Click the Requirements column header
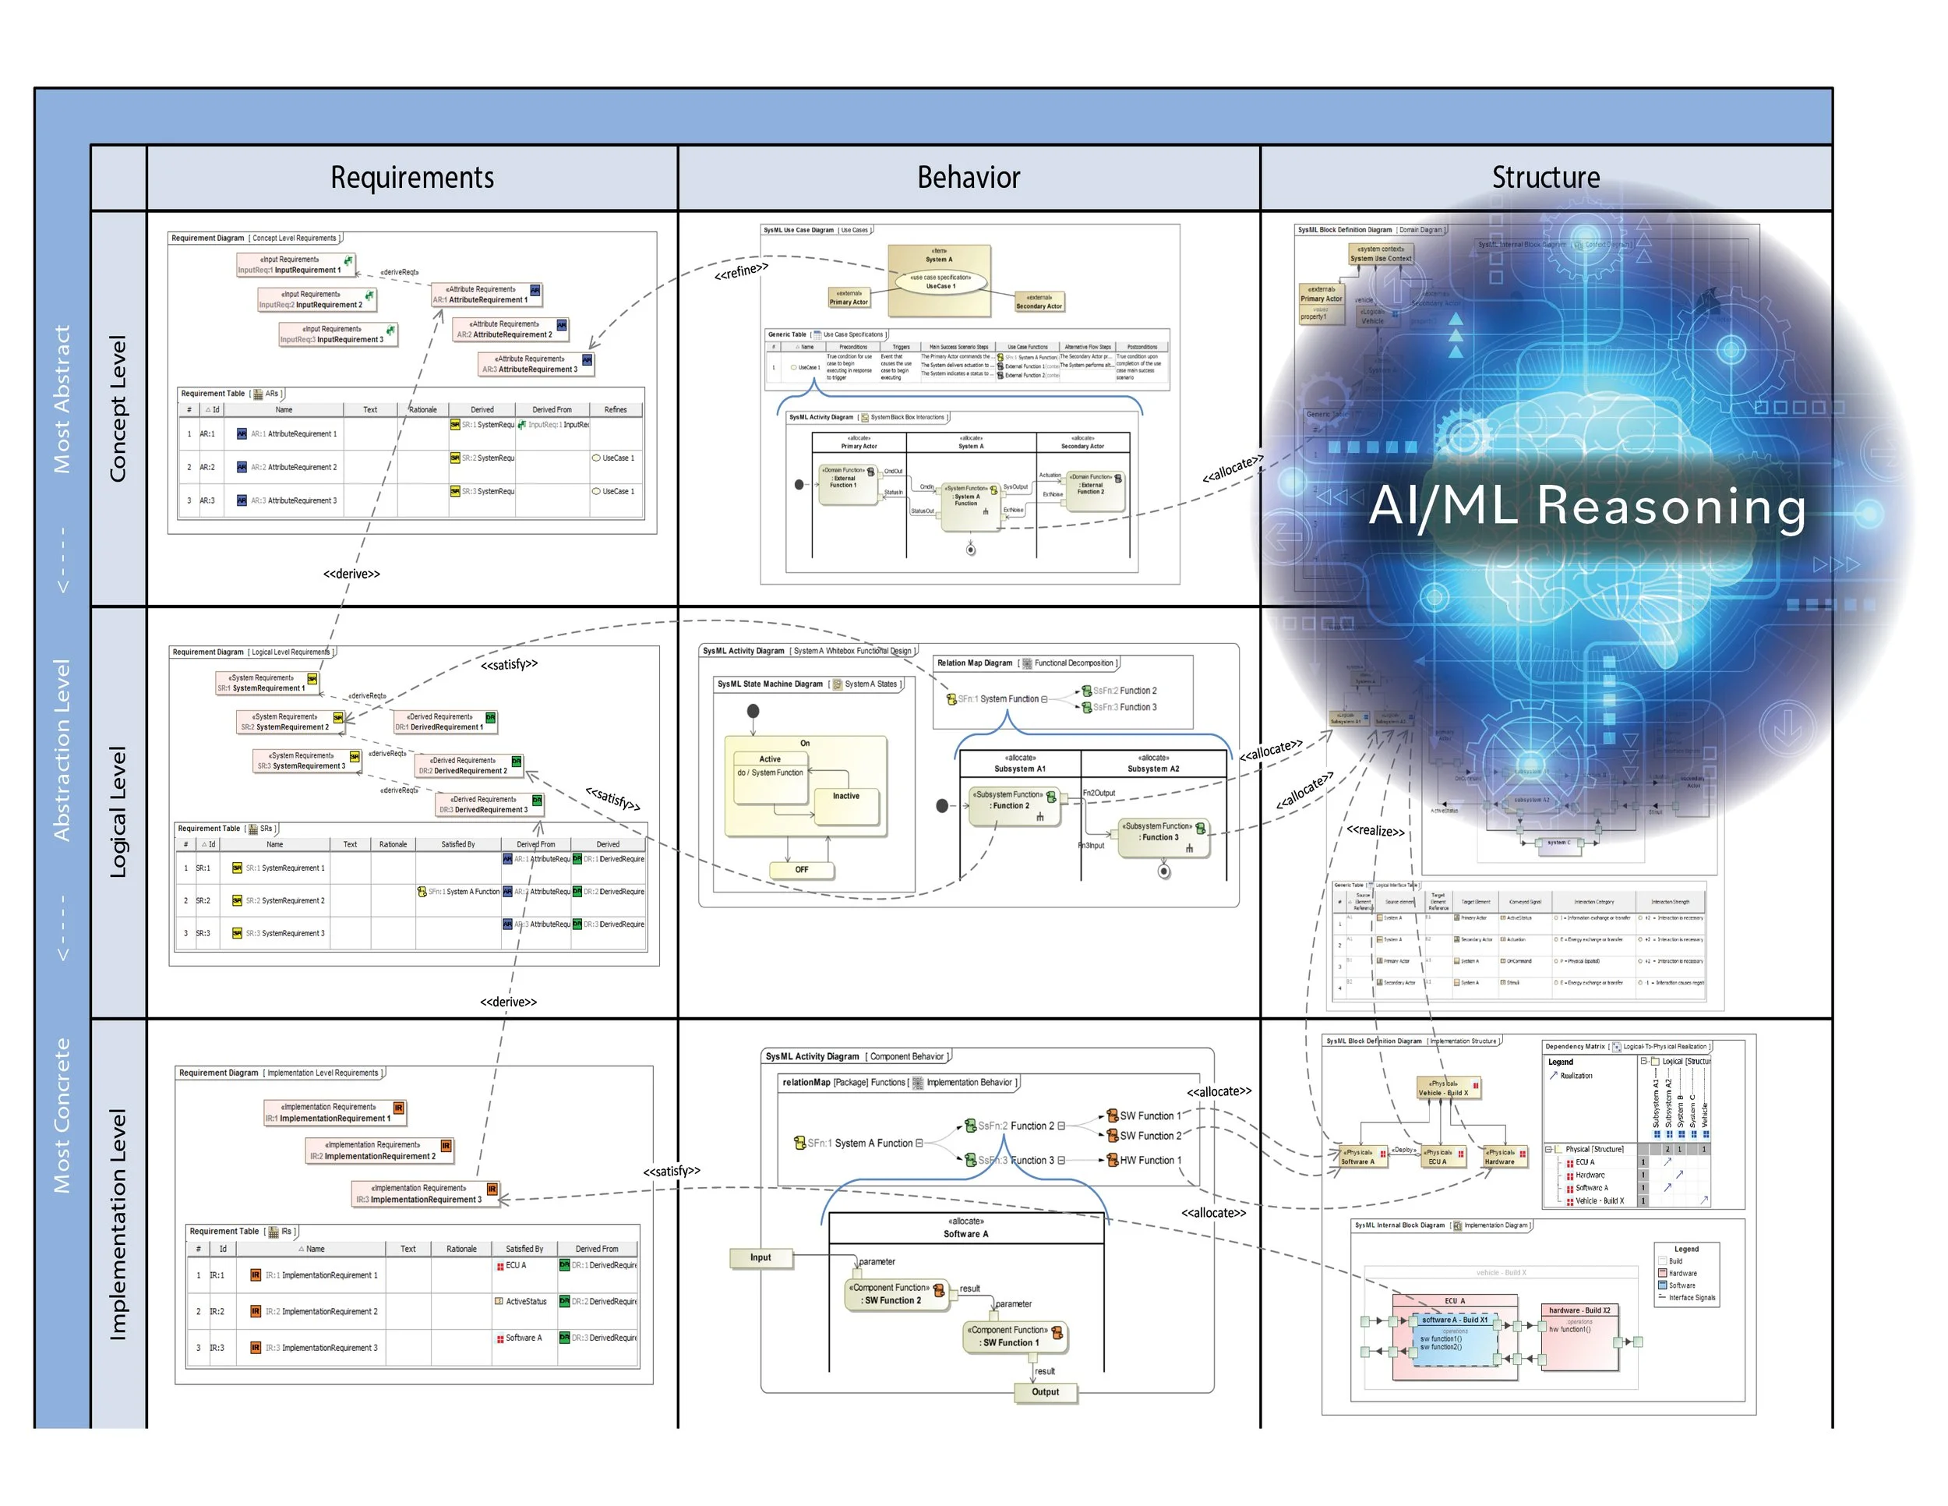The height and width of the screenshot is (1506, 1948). click(x=412, y=178)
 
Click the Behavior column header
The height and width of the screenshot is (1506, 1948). click(x=969, y=178)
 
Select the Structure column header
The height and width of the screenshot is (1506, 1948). click(x=1546, y=178)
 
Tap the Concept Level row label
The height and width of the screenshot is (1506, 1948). click(x=118, y=408)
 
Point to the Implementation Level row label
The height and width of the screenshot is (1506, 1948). click(x=118, y=1224)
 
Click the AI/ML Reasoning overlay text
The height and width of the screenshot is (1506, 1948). click(x=1588, y=506)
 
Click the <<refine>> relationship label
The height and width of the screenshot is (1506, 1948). click(x=741, y=270)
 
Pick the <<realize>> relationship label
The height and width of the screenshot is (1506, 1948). click(x=1375, y=831)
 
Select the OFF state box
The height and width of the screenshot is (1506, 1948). click(x=802, y=869)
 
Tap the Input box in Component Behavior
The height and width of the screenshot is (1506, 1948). click(x=760, y=1257)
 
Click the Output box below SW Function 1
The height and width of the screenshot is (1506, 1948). click(x=1046, y=1391)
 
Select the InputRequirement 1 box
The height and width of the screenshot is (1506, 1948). click(x=296, y=265)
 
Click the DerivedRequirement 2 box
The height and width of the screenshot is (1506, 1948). click(x=469, y=765)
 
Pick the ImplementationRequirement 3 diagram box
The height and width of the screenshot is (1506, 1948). click(x=426, y=1193)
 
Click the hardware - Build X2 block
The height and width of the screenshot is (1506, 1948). click(x=1579, y=1335)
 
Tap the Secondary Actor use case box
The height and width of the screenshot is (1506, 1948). click(x=1039, y=302)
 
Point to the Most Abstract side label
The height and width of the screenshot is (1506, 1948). click(x=62, y=399)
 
